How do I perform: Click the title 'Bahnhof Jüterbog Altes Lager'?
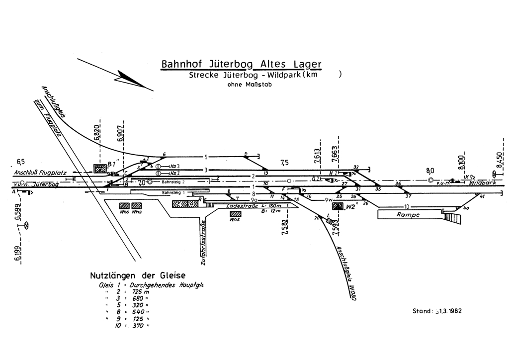point(241,65)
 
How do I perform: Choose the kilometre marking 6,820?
point(97,134)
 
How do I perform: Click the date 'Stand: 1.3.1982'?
point(437,311)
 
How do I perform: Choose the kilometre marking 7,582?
point(284,226)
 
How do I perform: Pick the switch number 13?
point(266,173)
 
